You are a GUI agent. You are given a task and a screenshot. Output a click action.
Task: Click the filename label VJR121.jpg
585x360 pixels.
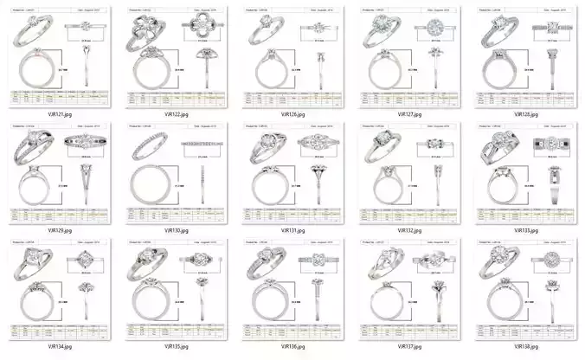point(56,112)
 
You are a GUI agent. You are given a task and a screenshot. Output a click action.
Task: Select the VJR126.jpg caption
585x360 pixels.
point(291,113)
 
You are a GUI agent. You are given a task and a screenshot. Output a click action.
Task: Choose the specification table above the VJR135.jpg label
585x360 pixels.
point(173,334)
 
